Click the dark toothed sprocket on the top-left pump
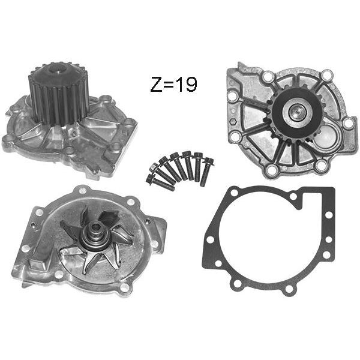[59, 92]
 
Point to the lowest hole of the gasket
[288, 289]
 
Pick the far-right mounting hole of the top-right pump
[348, 122]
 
